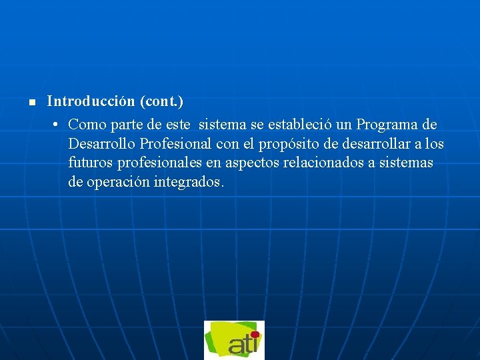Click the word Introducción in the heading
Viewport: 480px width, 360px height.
(91, 101)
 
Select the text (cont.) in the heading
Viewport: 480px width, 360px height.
(162, 101)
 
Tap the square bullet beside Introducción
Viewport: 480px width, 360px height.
(31, 103)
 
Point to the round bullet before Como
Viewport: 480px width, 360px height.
(57, 125)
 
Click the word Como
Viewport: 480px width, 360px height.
(84, 125)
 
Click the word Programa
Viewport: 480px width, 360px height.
(387, 125)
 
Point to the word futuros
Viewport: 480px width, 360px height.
(89, 163)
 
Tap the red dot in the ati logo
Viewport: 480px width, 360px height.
(254, 335)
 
